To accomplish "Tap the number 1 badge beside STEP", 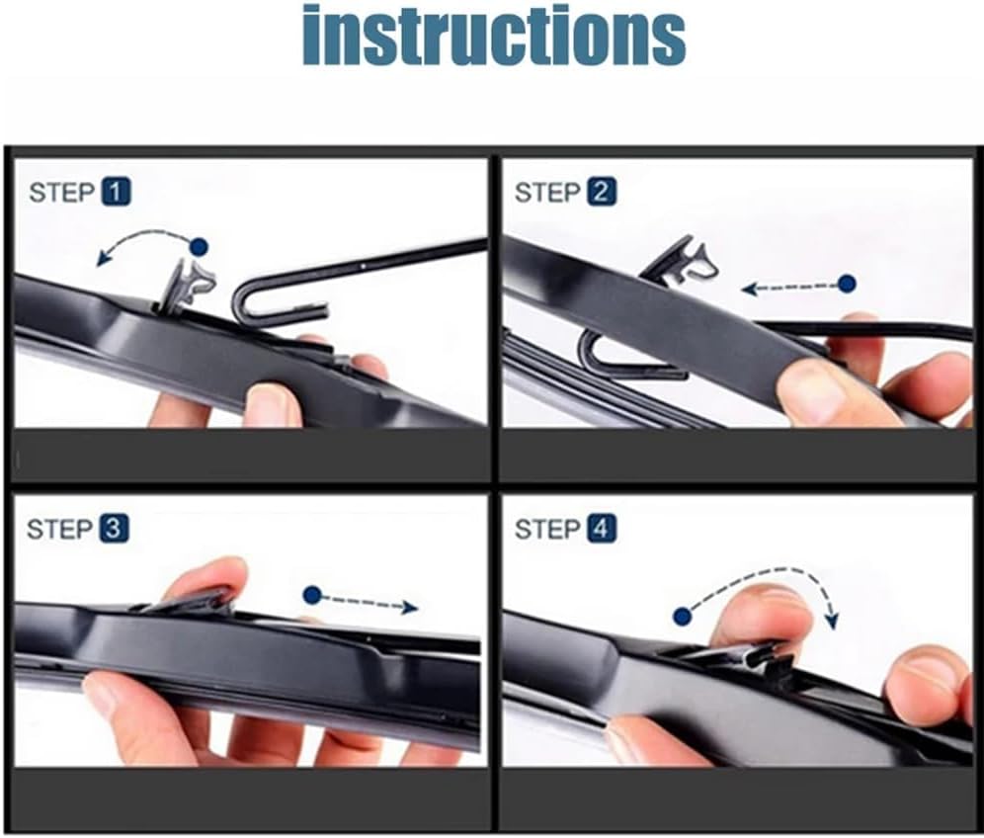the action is pyautogui.click(x=117, y=192).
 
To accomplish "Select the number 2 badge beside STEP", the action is pyautogui.click(x=602, y=192).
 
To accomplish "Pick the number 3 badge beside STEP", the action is pyautogui.click(x=114, y=529).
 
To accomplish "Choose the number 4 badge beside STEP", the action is pyautogui.click(x=602, y=529).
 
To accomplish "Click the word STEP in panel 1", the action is pyautogui.click(x=61, y=193).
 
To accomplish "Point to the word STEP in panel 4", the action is pyautogui.click(x=547, y=529).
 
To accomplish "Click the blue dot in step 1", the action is pyautogui.click(x=199, y=247).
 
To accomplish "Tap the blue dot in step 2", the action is pyautogui.click(x=848, y=284).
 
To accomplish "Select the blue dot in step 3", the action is pyautogui.click(x=312, y=595).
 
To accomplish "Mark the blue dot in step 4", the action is pyautogui.click(x=683, y=617).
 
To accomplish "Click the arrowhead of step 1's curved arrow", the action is pyautogui.click(x=103, y=257).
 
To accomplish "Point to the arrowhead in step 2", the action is pyautogui.click(x=749, y=290).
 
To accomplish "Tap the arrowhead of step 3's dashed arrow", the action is pyautogui.click(x=410, y=607).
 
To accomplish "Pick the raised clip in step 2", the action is pyautogui.click(x=681, y=259).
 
